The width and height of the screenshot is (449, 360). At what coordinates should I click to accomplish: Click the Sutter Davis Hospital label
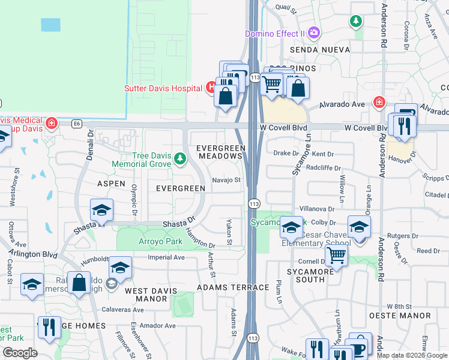tap(163, 88)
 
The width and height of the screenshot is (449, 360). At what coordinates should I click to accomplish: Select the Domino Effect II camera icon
tap(313, 32)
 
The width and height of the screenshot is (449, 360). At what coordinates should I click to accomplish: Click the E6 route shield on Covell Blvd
tap(76, 124)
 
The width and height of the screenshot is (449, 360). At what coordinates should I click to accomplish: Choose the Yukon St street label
tap(229, 232)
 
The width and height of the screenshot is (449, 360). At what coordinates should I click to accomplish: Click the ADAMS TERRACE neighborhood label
tap(233, 287)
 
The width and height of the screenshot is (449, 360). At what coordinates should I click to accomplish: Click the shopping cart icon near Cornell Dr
tap(336, 256)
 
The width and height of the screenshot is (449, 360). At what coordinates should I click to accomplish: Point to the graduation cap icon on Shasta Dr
tap(101, 211)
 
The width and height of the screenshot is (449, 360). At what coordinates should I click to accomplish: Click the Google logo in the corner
tap(20, 352)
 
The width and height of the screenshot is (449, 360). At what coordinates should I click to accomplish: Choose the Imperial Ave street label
tap(166, 257)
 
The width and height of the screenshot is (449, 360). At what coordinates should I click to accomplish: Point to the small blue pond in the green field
tap(50, 25)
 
